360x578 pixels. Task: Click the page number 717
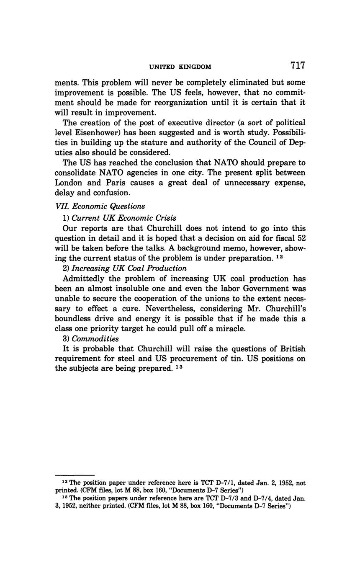(x=297, y=66)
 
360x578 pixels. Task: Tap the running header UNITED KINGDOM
(x=180, y=67)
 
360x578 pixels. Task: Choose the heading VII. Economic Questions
(x=100, y=206)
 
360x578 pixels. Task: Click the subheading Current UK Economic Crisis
(x=124, y=218)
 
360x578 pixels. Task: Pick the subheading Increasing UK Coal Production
(x=129, y=268)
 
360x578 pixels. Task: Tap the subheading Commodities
(x=95, y=338)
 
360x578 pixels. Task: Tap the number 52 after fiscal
(x=301, y=238)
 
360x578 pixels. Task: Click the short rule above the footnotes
(x=75, y=475)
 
